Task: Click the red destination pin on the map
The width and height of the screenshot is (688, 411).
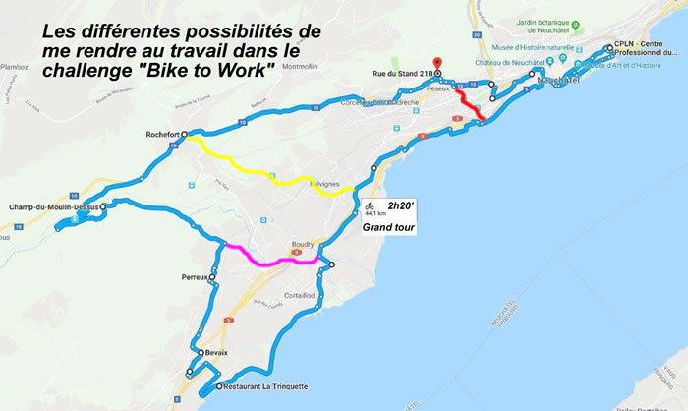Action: [x=438, y=65]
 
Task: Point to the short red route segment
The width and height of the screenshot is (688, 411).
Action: [x=471, y=106]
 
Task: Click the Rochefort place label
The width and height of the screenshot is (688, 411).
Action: [x=163, y=135]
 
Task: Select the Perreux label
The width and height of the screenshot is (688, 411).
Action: [x=194, y=277]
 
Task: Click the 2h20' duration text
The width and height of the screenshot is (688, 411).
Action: [x=402, y=205]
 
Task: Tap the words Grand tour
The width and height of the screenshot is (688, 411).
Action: [x=387, y=227]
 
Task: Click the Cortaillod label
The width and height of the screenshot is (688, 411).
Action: [x=299, y=294]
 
